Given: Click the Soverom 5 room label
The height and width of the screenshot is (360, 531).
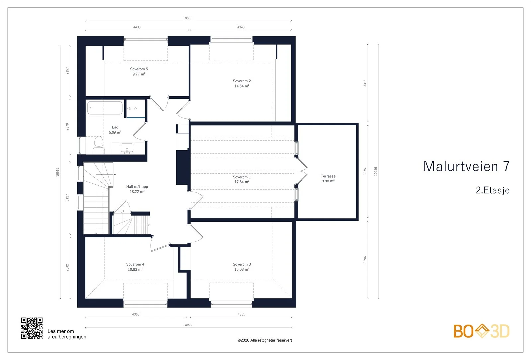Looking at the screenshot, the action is point(139,69).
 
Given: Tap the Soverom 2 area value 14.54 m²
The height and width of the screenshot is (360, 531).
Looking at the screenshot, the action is point(242,86).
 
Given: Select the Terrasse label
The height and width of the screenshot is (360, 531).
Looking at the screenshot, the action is point(328,176).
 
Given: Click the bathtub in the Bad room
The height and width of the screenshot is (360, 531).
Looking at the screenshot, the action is point(105,108).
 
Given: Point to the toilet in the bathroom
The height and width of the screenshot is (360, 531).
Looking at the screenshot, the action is point(98,145).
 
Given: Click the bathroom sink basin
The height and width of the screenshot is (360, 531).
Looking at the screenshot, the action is point(127,148).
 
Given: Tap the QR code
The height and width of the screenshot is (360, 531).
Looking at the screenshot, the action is point(32,328).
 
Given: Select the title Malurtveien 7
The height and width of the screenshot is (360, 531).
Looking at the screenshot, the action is point(467,166).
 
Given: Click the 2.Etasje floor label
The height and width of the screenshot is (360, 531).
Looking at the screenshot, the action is point(493,190).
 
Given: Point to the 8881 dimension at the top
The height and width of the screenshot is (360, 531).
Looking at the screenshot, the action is point(188,18).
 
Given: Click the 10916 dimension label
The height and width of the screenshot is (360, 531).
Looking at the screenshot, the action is point(58,172).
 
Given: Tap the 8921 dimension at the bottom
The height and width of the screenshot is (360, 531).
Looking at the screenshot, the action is point(189,325).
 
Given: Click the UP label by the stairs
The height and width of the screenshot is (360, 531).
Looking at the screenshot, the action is point(122,211).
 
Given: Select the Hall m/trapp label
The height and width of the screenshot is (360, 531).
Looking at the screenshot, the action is point(137,187).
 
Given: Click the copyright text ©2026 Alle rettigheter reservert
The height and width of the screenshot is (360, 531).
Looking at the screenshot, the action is point(265,340).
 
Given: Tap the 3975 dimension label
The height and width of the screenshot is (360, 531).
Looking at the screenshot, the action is point(365,172).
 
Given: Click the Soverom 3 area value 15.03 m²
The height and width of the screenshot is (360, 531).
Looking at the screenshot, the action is point(242,269).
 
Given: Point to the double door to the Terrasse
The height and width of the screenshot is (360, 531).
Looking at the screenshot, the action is point(302,171).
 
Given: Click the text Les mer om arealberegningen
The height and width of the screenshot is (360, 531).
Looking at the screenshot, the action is point(67,334).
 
